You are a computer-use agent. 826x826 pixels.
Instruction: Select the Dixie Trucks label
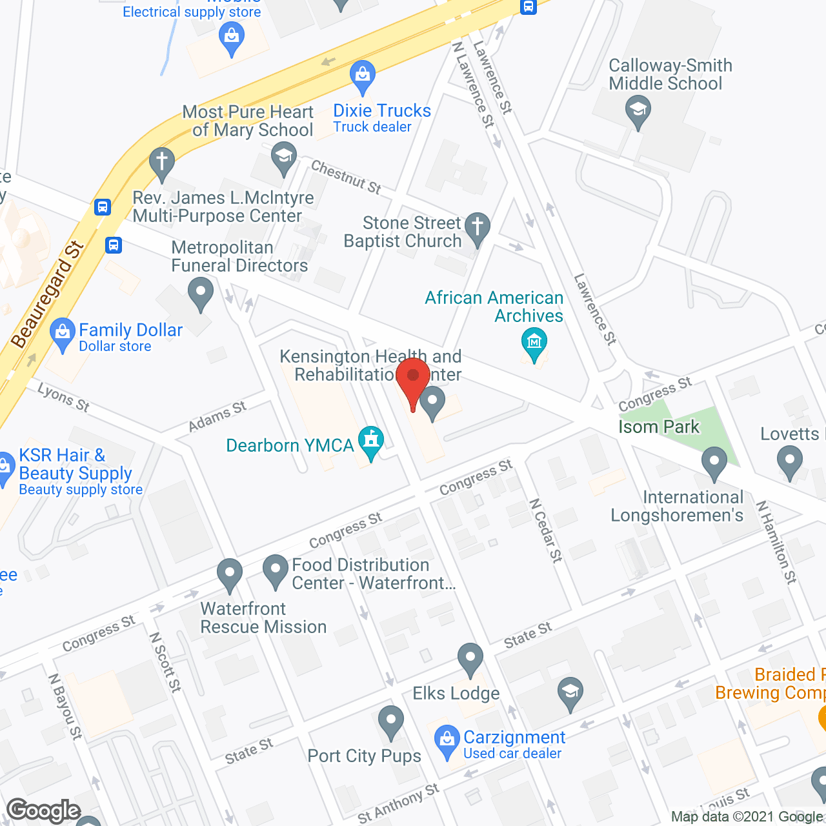(x=382, y=111)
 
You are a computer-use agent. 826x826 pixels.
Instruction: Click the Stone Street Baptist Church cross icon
(x=478, y=227)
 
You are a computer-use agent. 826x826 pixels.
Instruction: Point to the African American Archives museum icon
(x=534, y=342)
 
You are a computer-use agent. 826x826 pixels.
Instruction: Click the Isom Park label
(x=659, y=427)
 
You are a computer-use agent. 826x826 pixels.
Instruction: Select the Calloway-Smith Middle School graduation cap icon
(x=638, y=110)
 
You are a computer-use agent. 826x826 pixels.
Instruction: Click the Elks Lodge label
(x=456, y=693)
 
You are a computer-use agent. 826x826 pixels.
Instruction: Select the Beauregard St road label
(x=48, y=294)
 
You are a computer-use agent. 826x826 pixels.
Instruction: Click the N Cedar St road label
(x=546, y=530)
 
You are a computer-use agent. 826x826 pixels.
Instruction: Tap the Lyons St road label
(x=63, y=397)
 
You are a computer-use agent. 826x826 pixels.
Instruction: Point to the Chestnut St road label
(x=347, y=177)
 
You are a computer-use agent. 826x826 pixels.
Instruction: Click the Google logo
(x=44, y=811)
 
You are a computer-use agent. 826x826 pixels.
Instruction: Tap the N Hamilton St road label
(x=776, y=542)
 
